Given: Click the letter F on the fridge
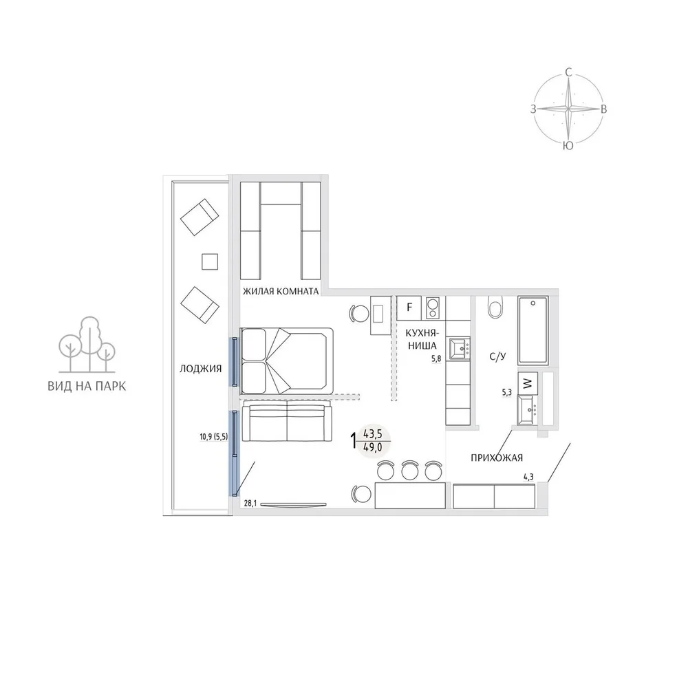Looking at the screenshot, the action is (x=409, y=307).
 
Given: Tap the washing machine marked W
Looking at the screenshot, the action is (x=528, y=383).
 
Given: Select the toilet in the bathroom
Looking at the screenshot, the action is (x=496, y=308).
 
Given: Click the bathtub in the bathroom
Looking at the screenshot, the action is (x=533, y=330).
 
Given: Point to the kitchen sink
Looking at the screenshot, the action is (x=460, y=348).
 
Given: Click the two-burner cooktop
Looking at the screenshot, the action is (x=433, y=308).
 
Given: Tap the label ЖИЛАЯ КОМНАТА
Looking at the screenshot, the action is (x=281, y=291).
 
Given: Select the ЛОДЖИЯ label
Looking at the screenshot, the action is (x=200, y=369).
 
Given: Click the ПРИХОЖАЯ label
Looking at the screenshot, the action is (x=497, y=458).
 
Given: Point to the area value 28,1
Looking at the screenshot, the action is (x=250, y=504).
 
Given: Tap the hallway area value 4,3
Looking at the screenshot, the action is (x=528, y=477).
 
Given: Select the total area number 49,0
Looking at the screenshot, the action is (x=372, y=448).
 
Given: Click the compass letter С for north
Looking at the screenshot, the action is (x=569, y=72).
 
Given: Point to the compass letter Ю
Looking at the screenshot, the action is (x=568, y=146).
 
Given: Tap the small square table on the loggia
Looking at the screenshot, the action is (x=210, y=262).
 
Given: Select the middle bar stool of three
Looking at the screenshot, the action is (x=409, y=470).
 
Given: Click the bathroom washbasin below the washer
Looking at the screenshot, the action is (x=527, y=410).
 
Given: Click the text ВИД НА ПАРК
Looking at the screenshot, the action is (x=87, y=387).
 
